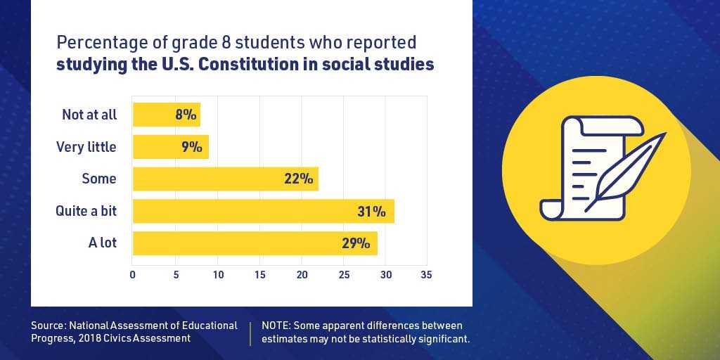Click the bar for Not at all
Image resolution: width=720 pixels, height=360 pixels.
tap(166, 115)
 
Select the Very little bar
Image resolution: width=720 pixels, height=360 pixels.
tap(170, 147)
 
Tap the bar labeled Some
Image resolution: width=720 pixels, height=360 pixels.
tap(225, 179)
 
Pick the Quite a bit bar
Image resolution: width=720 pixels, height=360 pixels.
tap(263, 211)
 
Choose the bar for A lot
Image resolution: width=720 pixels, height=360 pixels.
tap(255, 243)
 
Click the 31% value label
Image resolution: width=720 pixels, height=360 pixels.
tap(371, 211)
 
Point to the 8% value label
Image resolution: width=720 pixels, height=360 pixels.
tap(186, 115)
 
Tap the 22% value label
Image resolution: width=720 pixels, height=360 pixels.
tap(298, 179)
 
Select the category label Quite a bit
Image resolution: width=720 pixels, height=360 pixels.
tap(86, 211)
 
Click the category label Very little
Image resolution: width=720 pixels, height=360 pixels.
tap(86, 147)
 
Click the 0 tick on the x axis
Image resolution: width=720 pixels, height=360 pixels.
tap(133, 274)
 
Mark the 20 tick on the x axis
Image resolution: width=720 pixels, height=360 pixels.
tap(302, 274)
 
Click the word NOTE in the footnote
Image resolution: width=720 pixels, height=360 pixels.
tap(276, 326)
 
